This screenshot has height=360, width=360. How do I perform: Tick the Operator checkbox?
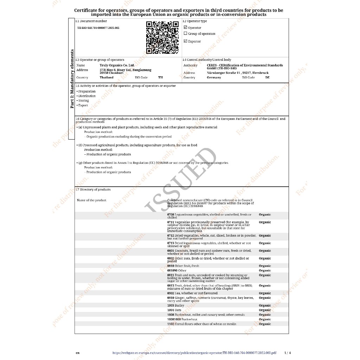186,27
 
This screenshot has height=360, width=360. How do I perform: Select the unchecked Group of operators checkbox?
186,34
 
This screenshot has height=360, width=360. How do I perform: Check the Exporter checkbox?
186,41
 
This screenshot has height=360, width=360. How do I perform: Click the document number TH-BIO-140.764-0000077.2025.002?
98,27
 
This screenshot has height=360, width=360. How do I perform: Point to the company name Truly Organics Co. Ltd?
117,65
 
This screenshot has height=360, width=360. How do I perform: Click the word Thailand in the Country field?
107,77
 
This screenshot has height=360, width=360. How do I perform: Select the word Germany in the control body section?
214,77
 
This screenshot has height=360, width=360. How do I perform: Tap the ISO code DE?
268,77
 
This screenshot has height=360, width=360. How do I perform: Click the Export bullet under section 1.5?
83,105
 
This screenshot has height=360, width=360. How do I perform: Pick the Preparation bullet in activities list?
86,91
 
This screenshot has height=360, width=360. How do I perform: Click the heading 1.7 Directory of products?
93,189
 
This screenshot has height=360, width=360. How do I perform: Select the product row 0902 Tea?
192,293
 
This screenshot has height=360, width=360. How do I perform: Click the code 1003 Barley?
176,306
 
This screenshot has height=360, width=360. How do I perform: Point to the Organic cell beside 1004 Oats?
265,310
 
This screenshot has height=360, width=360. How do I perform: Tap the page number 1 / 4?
287,353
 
